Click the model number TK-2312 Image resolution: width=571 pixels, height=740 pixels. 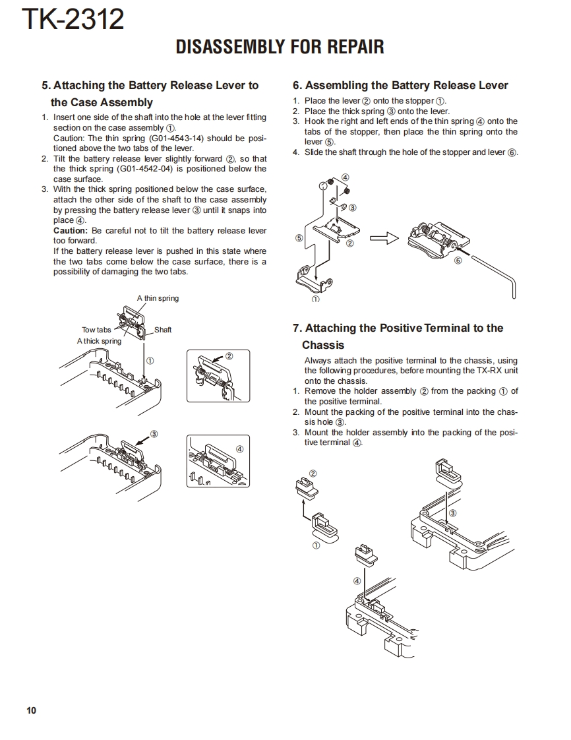coord(73,20)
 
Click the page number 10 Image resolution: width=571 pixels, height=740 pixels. coord(32,710)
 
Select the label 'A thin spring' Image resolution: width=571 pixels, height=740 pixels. coord(158,299)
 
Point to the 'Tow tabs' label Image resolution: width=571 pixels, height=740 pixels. coord(96,330)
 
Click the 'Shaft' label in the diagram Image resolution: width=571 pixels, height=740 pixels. coord(163,330)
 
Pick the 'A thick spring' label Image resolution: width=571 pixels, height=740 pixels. coord(99,341)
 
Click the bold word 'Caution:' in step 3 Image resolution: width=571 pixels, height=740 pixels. coord(70,231)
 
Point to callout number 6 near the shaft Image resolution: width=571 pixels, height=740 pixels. coord(458,261)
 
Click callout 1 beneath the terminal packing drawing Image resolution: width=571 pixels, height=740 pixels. coord(316,545)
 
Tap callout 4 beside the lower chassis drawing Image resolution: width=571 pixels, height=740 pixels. coord(357,581)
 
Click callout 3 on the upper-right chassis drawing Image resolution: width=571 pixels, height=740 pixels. coord(452,512)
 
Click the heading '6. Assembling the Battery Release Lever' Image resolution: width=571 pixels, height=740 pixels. coord(400,85)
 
